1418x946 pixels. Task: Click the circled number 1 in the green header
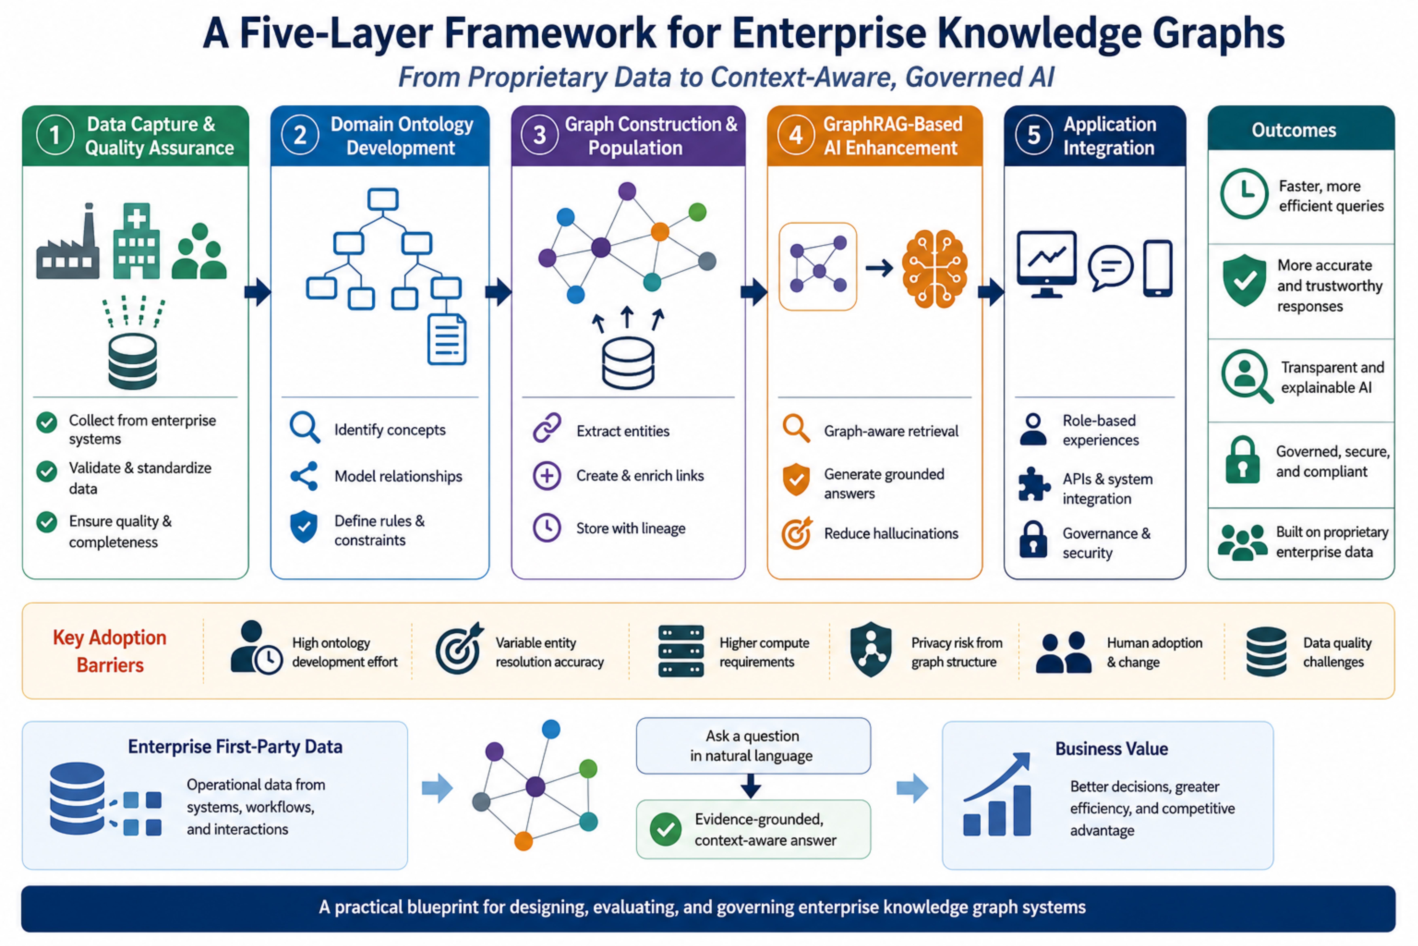(x=55, y=135)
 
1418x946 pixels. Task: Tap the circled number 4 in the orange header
(x=796, y=135)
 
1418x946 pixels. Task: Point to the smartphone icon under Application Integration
(x=1158, y=268)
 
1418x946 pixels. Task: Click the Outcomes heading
(x=1294, y=130)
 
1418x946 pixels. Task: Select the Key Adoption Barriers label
(x=110, y=651)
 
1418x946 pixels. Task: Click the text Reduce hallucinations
(x=891, y=533)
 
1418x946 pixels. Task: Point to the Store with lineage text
(x=631, y=528)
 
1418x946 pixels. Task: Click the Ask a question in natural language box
(x=753, y=746)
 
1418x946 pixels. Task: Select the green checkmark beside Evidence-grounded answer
(x=666, y=829)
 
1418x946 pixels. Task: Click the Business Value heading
(x=1111, y=749)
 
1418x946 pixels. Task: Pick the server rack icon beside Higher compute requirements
(x=681, y=652)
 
